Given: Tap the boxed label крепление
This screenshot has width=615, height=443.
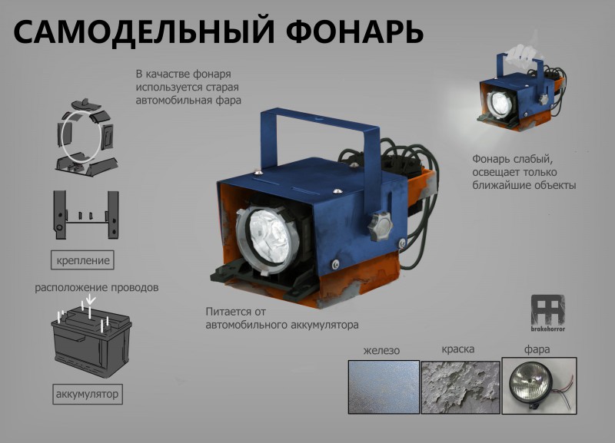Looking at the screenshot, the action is pyautogui.click(x=82, y=260).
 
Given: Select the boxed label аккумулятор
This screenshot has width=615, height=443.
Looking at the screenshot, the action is pyautogui.click(x=87, y=394).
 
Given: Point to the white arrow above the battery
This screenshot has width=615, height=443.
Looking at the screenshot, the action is pyautogui.click(x=91, y=299).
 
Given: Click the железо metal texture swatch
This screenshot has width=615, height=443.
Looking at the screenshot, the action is pyautogui.click(x=384, y=387).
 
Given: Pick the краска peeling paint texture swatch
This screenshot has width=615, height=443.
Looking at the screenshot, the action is pyautogui.click(x=460, y=387).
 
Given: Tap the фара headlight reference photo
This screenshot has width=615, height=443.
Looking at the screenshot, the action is pyautogui.click(x=540, y=385).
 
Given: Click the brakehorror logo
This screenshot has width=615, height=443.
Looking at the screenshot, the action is pyautogui.click(x=548, y=313).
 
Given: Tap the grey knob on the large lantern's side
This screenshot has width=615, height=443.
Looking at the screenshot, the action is pyautogui.click(x=380, y=226).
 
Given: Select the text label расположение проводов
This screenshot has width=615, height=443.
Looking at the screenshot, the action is pyautogui.click(x=97, y=287).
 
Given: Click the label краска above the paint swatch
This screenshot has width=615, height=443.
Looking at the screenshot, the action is pyautogui.click(x=458, y=349).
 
